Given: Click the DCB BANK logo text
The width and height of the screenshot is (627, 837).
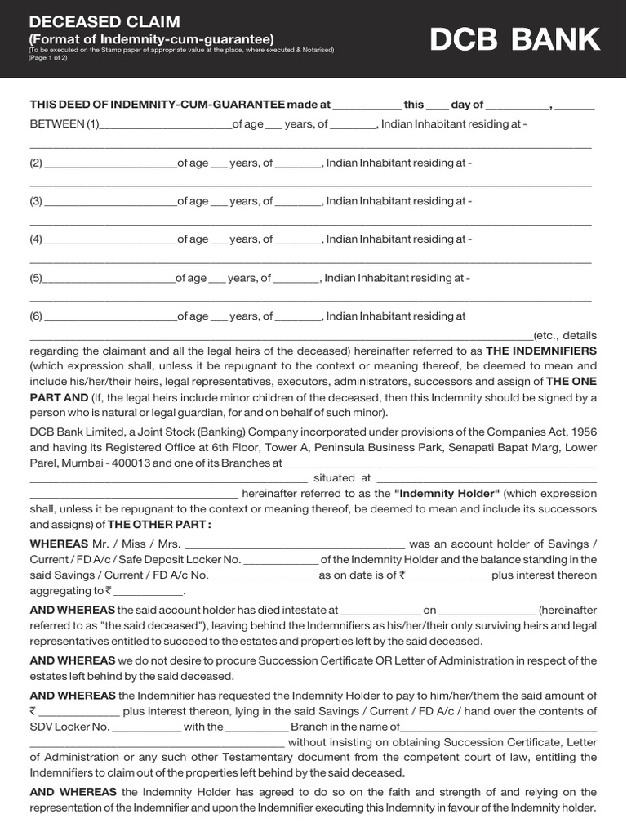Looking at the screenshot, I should (515, 39).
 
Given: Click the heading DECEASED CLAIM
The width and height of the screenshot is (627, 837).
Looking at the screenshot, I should (105, 21).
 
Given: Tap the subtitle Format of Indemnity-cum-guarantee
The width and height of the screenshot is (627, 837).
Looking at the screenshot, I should (152, 38).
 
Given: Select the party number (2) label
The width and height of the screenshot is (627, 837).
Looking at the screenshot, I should (36, 163).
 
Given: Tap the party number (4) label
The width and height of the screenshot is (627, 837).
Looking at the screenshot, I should (36, 239).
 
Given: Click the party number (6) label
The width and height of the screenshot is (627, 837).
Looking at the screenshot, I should (36, 316).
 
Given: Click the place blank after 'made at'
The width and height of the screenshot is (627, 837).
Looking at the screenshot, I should (367, 105).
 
